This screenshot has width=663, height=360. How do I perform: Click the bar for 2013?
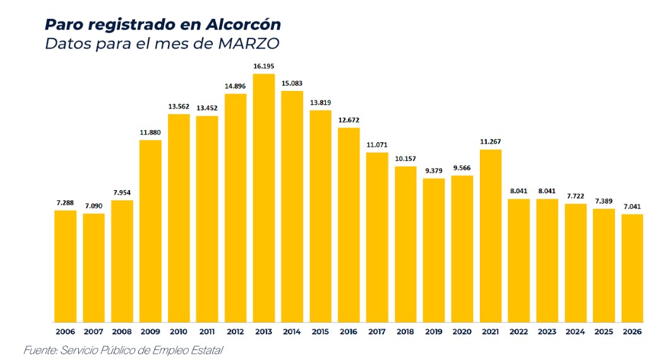click(x=264, y=198)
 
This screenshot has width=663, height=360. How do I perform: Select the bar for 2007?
click(x=93, y=267)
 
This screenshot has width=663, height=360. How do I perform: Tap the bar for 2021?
click(x=491, y=236)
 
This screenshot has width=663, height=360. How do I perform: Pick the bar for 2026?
click(x=632, y=268)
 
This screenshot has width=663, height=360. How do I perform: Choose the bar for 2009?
click(x=150, y=231)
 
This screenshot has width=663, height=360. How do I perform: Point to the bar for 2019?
click(x=434, y=250)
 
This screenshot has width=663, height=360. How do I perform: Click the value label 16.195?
click(x=264, y=66)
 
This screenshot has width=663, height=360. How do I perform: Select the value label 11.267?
click(x=491, y=141)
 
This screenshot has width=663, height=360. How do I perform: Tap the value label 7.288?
click(x=66, y=203)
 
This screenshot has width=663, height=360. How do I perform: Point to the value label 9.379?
click(x=434, y=171)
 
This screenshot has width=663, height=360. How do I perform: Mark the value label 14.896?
click(x=236, y=86)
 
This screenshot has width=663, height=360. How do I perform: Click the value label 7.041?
click(x=632, y=206)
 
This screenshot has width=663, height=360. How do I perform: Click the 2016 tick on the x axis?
click(x=349, y=332)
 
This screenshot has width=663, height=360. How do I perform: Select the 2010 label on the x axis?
click(x=179, y=332)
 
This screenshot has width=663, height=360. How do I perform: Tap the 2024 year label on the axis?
click(x=575, y=332)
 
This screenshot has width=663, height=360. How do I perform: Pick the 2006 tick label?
click(x=66, y=332)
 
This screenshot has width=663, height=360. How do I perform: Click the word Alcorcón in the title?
click(x=243, y=25)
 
